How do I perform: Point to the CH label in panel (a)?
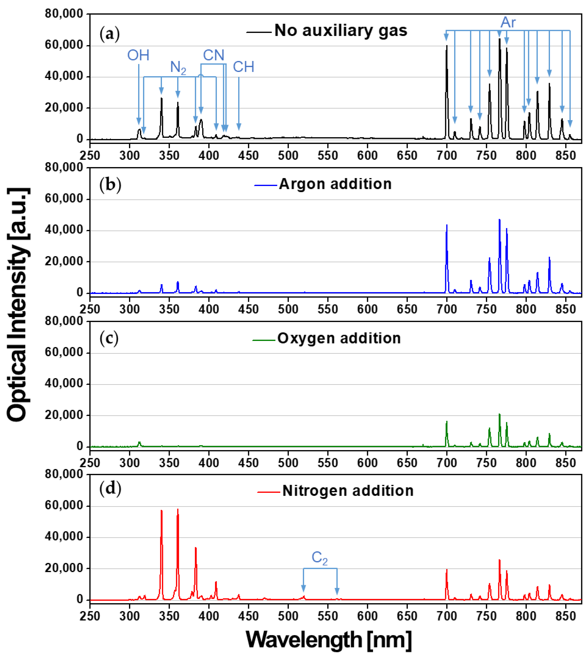(243, 67)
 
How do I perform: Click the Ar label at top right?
(508, 23)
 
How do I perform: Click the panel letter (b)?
(110, 185)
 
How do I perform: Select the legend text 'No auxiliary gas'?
(341, 31)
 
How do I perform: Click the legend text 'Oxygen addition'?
(339, 338)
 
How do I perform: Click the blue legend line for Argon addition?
(266, 185)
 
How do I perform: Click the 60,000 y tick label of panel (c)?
(64, 352)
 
